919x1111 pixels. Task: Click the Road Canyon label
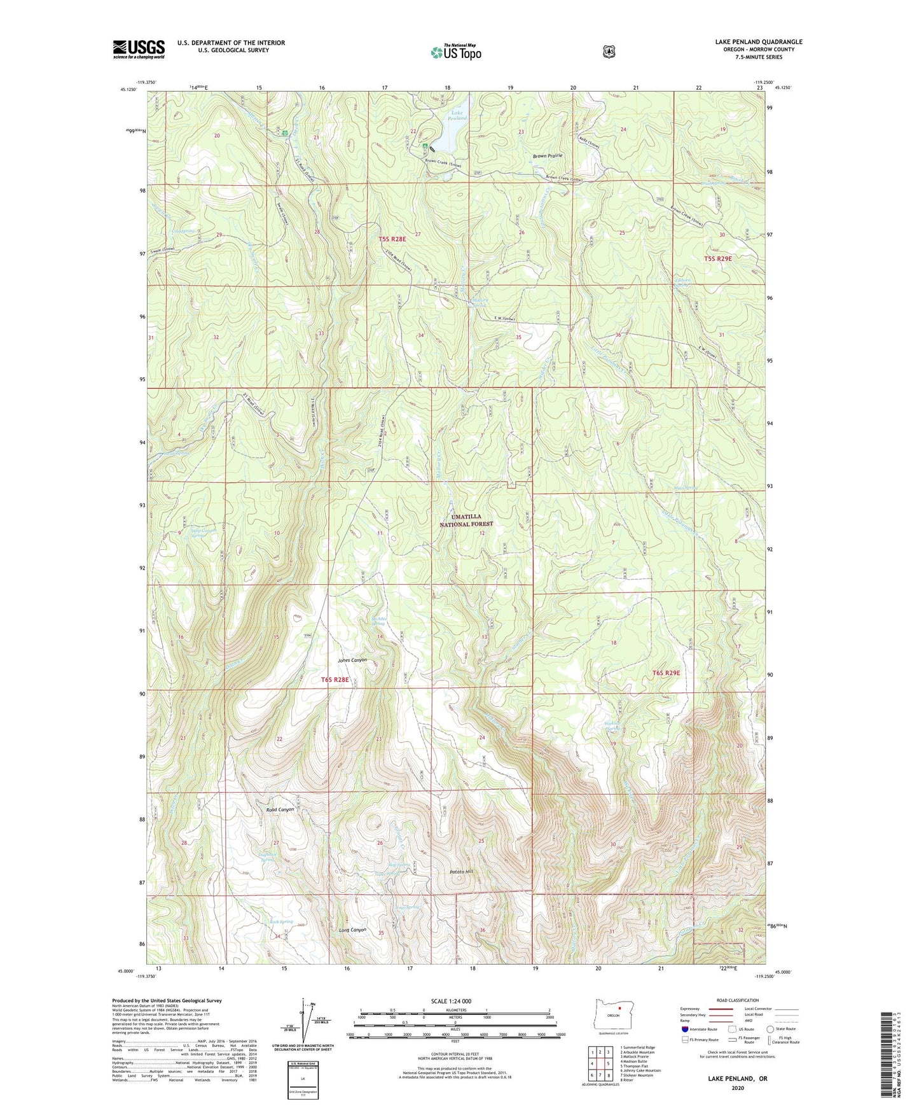tap(280, 809)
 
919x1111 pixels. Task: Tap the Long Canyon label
tap(352, 930)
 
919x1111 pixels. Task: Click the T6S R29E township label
tap(666, 673)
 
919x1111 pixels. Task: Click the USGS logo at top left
tap(139, 49)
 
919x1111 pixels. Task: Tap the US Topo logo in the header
tap(455, 52)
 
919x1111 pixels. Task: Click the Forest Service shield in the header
tap(609, 51)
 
